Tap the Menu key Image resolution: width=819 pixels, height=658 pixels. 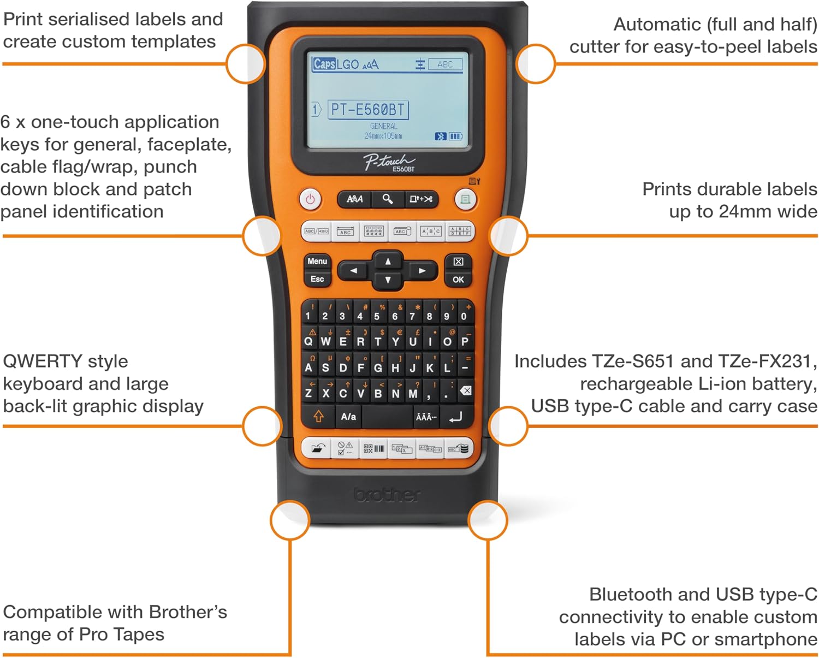click(x=317, y=261)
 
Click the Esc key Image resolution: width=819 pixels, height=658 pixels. click(x=317, y=279)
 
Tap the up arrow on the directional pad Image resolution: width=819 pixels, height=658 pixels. click(x=388, y=261)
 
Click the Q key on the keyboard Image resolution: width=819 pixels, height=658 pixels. click(x=308, y=341)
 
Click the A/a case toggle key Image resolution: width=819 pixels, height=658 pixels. click(x=348, y=417)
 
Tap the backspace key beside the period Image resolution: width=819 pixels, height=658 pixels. click(x=466, y=390)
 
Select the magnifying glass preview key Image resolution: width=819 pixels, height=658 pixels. click(x=387, y=199)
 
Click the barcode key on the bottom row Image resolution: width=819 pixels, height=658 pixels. click(x=374, y=449)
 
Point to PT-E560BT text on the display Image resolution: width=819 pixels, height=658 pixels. click(x=367, y=110)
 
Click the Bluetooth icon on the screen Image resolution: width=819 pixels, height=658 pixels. click(x=440, y=136)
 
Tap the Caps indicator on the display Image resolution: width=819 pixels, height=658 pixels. click(x=324, y=64)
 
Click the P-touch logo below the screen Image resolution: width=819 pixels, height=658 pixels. click(x=389, y=162)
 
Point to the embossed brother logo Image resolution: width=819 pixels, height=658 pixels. click(x=387, y=495)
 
